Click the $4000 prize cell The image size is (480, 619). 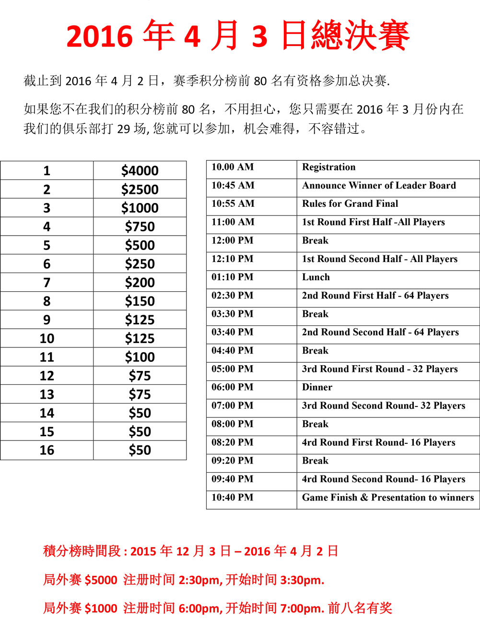point(140,171)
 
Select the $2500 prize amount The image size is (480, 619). point(140,190)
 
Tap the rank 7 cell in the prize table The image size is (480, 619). point(47,283)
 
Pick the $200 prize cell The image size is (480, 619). point(140,283)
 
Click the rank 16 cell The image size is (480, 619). point(47,450)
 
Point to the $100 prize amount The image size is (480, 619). point(140,357)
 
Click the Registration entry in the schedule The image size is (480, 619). point(328,167)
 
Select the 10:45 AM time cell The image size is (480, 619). point(233,186)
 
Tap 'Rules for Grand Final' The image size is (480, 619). point(350,204)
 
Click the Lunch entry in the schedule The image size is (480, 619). point(316,277)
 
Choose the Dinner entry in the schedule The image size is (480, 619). point(317,387)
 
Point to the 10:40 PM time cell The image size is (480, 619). point(233,498)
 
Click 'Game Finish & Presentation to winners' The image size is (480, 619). point(387,498)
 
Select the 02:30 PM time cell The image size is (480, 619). point(233,296)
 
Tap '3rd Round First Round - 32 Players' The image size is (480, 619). point(380,369)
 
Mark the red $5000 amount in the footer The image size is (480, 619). point(101,580)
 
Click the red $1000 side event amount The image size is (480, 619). point(101,608)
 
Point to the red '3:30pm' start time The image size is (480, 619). point(302,580)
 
